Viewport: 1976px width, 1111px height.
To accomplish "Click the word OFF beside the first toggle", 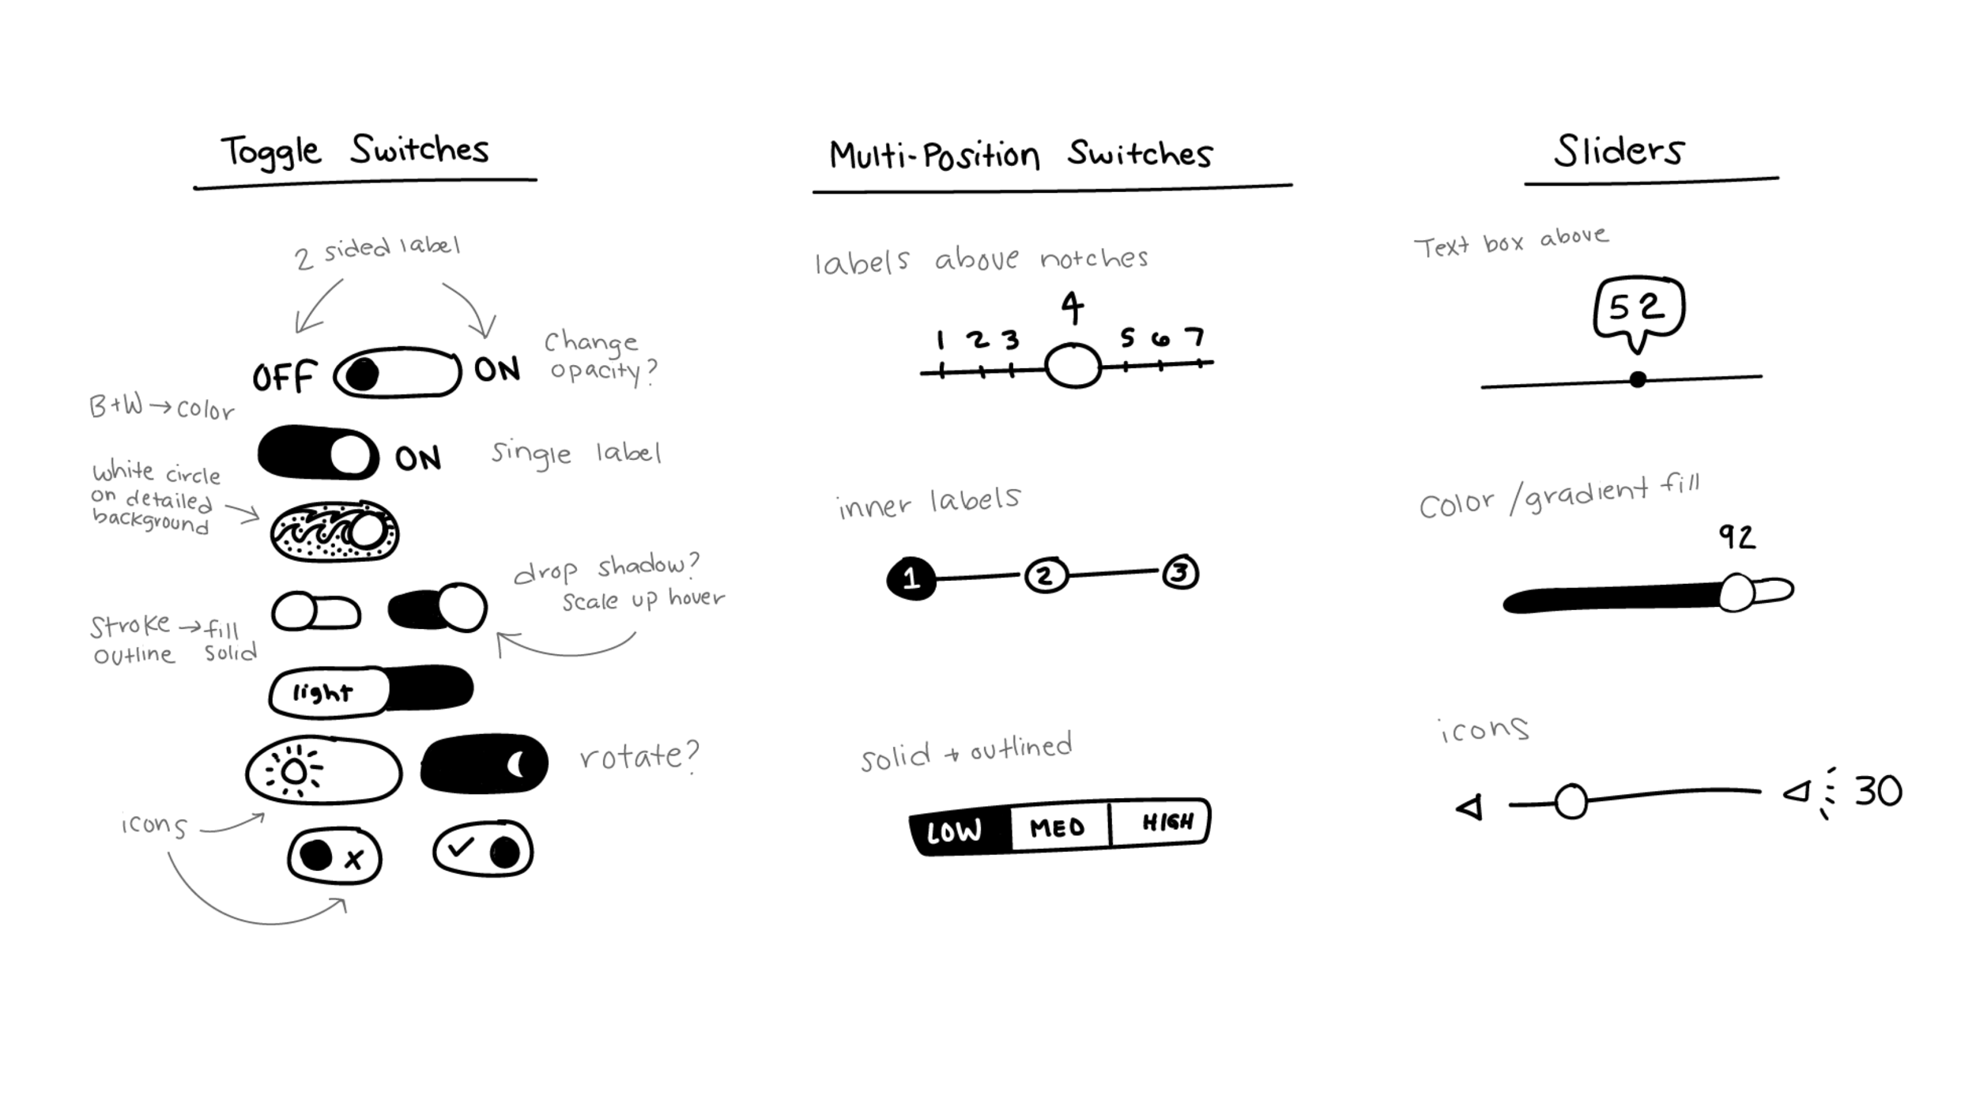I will [285, 377].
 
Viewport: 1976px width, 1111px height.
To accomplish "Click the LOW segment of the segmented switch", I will [955, 831].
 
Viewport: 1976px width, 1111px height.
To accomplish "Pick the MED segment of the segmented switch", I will [1058, 827].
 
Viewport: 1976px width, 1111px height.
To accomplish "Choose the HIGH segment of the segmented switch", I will [1167, 823].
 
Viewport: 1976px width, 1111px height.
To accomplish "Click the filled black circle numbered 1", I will [911, 578].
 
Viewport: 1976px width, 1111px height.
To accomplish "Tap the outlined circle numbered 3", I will [1180, 572].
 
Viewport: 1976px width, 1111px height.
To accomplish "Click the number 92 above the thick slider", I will [1737, 537].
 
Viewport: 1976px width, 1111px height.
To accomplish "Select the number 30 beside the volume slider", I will [1878, 791].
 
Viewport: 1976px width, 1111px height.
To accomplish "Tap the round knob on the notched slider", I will [1073, 366].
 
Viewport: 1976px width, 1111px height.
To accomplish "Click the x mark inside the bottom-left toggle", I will [354, 859].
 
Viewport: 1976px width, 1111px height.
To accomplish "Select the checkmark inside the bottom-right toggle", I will [460, 848].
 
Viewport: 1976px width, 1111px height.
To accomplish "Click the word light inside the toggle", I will [322, 693].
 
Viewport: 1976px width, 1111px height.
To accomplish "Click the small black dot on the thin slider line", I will [1638, 380].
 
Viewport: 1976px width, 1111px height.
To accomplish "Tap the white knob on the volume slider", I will [1571, 802].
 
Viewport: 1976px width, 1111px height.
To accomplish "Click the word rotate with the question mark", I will [639, 756].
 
